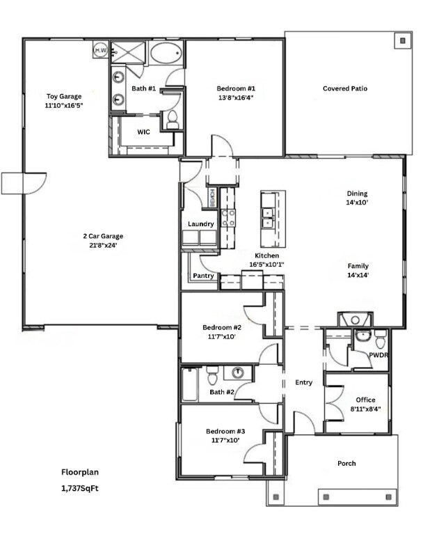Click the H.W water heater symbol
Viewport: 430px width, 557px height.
click(x=100, y=50)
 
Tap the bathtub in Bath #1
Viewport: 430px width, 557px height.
click(x=165, y=53)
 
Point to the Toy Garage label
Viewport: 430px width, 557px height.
click(x=64, y=96)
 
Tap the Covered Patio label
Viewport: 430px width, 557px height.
click(x=345, y=88)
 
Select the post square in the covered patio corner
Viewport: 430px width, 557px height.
click(x=401, y=40)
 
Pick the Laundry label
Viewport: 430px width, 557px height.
click(x=200, y=223)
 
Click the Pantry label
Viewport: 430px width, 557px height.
click(x=203, y=276)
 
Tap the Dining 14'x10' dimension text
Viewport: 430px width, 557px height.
click(x=358, y=203)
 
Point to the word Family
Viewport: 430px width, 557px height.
click(x=358, y=266)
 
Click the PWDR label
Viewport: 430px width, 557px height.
click(x=379, y=354)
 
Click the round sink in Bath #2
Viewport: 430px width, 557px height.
click(x=237, y=372)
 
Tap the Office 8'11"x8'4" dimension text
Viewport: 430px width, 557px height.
click(x=365, y=409)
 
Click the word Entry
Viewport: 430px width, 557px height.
click(x=303, y=382)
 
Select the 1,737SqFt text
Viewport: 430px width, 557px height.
click(x=80, y=488)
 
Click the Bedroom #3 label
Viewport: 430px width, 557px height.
click(x=222, y=431)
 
